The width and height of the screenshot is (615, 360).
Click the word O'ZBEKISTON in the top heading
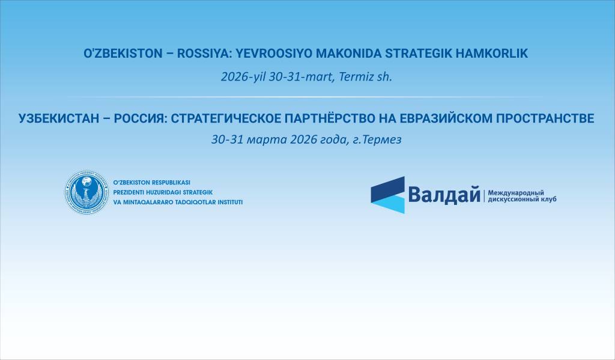[123, 53]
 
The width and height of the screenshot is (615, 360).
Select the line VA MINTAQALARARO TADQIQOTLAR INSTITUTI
[178, 202]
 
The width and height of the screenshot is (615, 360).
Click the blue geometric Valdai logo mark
[387, 194]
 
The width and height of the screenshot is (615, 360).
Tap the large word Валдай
[444, 195]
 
